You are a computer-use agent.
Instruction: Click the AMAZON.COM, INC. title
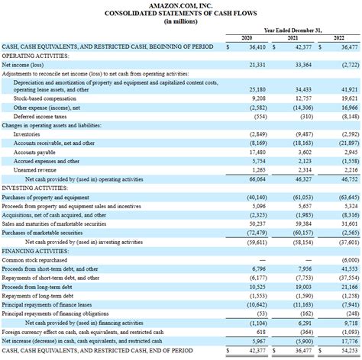point(180,5)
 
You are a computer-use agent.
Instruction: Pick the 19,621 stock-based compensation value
point(348,98)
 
